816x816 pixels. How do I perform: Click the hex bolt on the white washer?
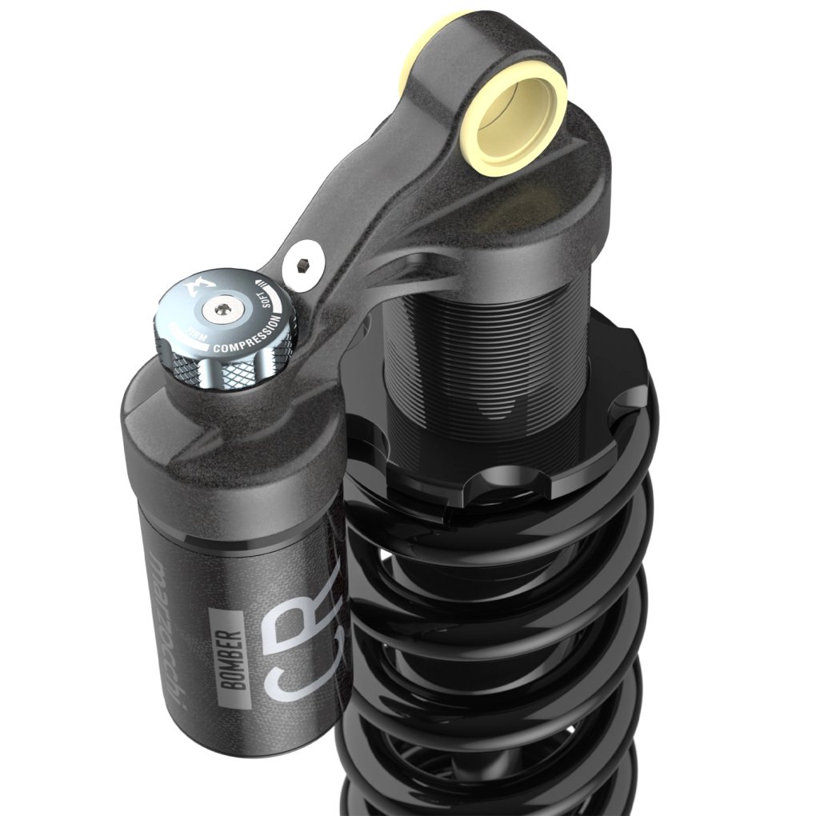[x=303, y=264]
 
